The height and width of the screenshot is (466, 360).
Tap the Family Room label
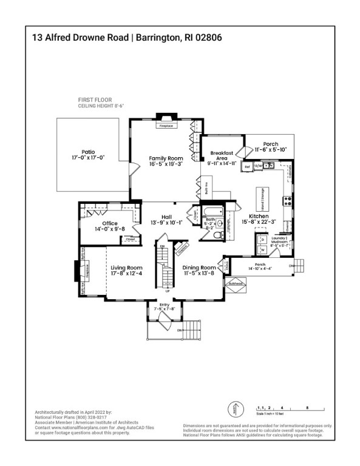click(x=166, y=158)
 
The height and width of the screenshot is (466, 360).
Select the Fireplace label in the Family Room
click(x=166, y=126)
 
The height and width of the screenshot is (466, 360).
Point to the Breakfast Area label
click(x=218, y=156)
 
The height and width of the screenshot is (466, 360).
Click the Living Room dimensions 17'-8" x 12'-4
click(x=126, y=273)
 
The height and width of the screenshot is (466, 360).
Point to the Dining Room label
click(x=200, y=268)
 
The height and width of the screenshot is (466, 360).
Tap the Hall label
click(x=166, y=217)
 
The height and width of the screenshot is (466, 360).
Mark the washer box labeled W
click(x=263, y=250)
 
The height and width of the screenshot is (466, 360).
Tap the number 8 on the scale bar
click(x=308, y=407)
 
